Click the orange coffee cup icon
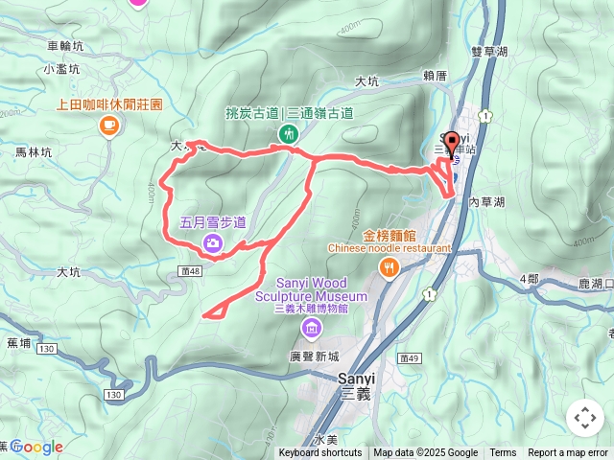109,124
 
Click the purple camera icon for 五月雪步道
212,243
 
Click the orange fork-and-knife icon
389,269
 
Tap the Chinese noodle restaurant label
389,247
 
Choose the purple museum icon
311,330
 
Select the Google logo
36,447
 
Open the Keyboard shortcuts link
320,453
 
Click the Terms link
503,453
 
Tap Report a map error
569,453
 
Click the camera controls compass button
585,418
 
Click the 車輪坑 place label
65,45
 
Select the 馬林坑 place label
34,151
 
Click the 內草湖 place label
487,203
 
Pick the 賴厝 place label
435,76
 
